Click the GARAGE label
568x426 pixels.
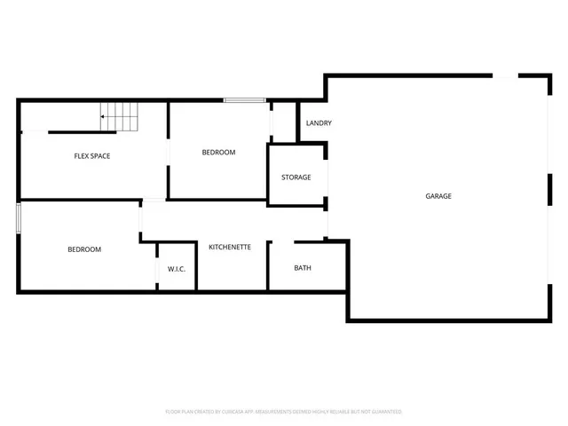(x=438, y=196)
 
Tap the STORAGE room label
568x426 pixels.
(x=296, y=177)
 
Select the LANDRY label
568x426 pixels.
(x=319, y=123)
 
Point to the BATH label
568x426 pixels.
(x=303, y=268)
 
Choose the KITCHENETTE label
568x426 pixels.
(x=230, y=247)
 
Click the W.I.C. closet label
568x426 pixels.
(x=177, y=268)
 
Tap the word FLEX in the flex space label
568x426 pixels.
(x=83, y=156)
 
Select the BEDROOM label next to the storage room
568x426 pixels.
(x=218, y=153)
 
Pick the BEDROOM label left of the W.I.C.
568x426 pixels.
(x=84, y=249)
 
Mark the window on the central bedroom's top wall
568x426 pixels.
(x=245, y=100)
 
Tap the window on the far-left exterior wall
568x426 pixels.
(x=18, y=218)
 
